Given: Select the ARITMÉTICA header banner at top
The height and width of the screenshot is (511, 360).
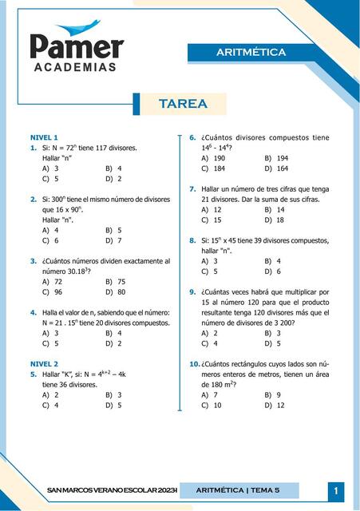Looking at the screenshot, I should coord(251,53).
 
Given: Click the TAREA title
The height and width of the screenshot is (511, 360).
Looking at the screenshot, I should coord(183,104).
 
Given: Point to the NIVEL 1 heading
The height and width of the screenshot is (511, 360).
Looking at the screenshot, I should coord(44,137).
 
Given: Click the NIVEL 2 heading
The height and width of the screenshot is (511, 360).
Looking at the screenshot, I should coord(44,363).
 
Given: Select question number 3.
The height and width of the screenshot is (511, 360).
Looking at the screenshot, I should coord(33,261).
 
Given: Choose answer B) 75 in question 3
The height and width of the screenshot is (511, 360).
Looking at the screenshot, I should coord(115,282).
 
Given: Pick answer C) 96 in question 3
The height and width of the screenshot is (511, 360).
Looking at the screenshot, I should coord(52,292).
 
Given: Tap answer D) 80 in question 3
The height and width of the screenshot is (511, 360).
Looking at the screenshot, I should coord(115,292).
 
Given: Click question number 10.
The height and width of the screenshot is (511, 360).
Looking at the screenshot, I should coord(194,363).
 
